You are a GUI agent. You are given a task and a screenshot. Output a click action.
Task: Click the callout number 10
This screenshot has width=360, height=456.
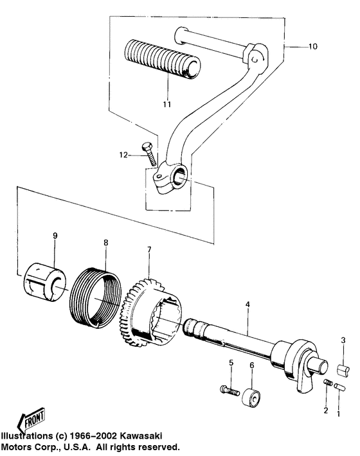tap(313, 46)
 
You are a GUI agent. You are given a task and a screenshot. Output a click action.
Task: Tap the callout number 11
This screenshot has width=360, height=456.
tap(166, 104)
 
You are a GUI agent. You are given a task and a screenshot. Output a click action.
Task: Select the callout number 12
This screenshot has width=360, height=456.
tap(123, 155)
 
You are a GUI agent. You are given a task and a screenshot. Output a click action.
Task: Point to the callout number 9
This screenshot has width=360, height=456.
tap(55, 236)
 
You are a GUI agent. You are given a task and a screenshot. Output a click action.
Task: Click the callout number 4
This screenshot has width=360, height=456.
tap(248, 304)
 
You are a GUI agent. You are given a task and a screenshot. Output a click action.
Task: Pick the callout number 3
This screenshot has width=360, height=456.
tap(343, 340)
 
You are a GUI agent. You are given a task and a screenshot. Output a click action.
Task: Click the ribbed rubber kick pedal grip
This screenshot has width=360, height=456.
tap(163, 59)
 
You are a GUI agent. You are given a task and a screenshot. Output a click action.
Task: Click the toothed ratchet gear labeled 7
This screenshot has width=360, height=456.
tap(150, 313)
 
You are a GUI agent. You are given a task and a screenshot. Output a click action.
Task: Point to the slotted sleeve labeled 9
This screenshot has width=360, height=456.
tap(44, 281)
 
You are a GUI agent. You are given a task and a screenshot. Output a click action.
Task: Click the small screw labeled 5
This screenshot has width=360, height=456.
tap(230, 391)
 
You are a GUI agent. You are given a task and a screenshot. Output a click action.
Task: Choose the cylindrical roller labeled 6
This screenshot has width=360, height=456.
tap(251, 398)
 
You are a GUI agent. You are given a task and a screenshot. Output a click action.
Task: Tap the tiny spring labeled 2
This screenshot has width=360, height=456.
tap(328, 382)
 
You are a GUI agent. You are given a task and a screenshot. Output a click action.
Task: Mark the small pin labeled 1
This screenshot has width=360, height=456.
tap(339, 387)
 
